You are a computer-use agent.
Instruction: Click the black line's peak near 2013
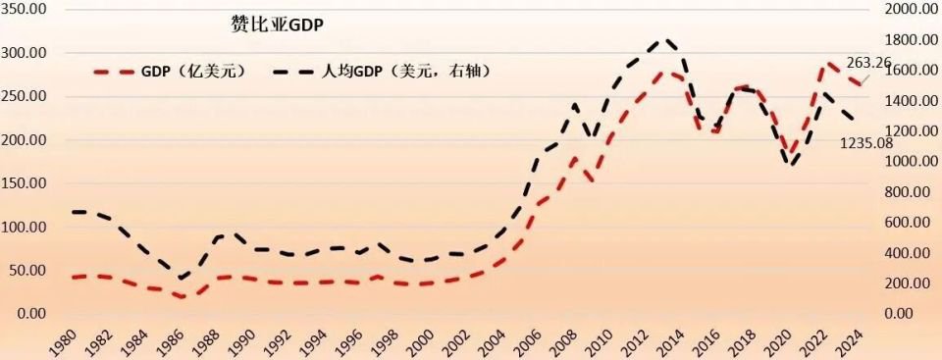[x=667, y=40]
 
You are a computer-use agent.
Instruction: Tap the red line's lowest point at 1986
[x=182, y=296]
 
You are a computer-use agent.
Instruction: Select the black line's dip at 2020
[x=792, y=165]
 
